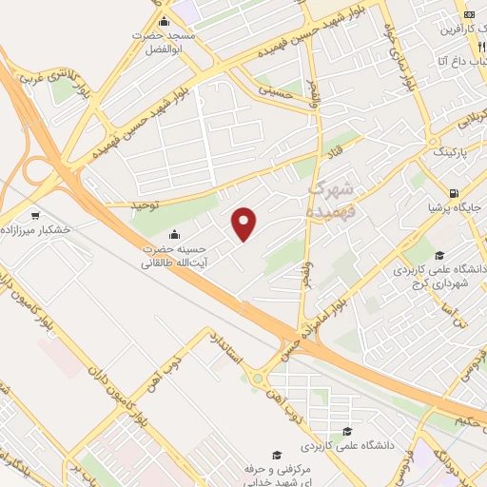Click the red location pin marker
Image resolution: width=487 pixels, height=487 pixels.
245,223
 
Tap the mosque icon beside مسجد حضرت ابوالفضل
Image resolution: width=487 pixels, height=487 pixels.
164,23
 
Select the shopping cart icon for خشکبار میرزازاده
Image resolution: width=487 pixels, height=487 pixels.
35,217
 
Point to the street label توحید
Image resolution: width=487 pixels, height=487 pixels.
126,205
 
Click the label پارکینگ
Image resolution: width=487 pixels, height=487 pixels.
451,151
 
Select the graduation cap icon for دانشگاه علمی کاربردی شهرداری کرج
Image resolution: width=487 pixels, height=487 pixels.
439,255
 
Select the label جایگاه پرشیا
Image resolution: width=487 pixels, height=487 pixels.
459,205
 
